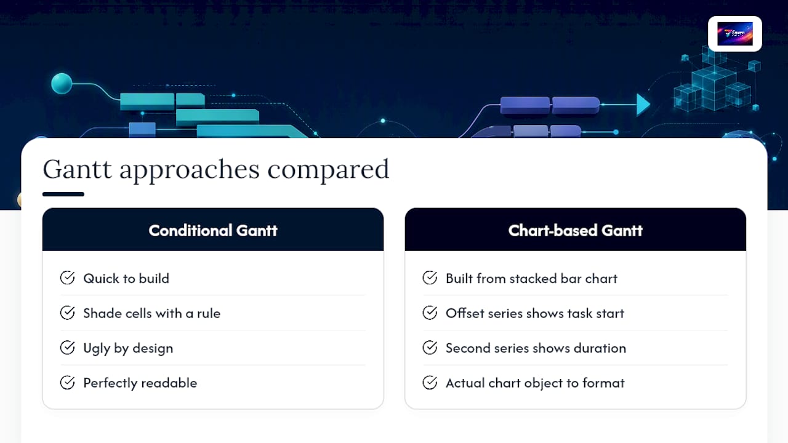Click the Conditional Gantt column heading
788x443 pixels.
[213, 231]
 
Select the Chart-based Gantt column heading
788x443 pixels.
[575, 231]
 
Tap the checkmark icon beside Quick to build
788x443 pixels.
[67, 277]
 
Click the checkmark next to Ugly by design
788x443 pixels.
[67, 348]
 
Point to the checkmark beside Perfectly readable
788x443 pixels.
[67, 383]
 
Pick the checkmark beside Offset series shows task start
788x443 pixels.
[430, 313]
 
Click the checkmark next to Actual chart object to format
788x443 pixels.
[430, 383]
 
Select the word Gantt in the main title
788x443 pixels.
[78, 169]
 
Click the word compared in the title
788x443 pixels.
[328, 171]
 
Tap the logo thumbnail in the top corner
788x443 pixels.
[735, 34]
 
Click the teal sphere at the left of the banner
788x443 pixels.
[62, 84]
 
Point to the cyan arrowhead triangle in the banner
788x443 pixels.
[643, 105]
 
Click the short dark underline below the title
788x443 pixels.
[63, 194]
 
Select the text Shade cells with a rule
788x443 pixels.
[151, 313]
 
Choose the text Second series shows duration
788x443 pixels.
[536, 348]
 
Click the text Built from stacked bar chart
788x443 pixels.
[531, 279]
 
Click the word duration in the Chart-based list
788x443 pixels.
[600, 348]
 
